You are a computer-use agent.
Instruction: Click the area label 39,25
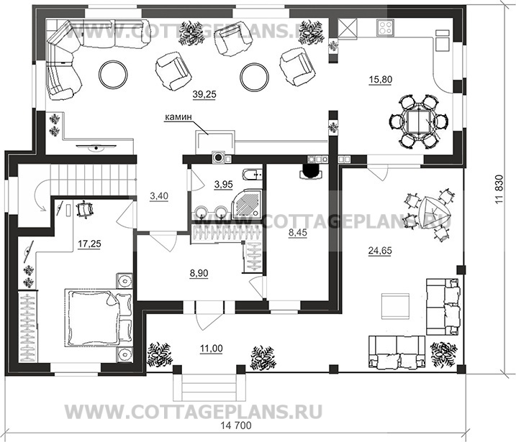(x=204, y=94)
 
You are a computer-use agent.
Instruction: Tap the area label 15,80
(x=381, y=79)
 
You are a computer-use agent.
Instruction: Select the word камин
(x=178, y=116)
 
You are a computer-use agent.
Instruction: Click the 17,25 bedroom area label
(x=89, y=244)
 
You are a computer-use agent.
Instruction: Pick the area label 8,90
(x=199, y=273)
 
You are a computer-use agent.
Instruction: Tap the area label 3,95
(x=223, y=185)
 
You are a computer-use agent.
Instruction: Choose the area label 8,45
(x=297, y=233)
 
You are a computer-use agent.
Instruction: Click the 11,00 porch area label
(x=212, y=349)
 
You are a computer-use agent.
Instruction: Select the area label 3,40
(x=159, y=196)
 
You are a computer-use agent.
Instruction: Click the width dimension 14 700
(x=236, y=425)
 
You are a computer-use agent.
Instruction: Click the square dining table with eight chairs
(x=418, y=121)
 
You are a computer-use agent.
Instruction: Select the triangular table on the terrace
(x=434, y=213)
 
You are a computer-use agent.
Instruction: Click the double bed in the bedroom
(x=99, y=317)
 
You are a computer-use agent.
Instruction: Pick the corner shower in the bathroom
(x=247, y=203)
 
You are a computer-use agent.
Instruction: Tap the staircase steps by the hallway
(x=93, y=180)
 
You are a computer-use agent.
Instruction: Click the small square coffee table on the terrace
(x=395, y=306)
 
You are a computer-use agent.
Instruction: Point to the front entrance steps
(x=209, y=387)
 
